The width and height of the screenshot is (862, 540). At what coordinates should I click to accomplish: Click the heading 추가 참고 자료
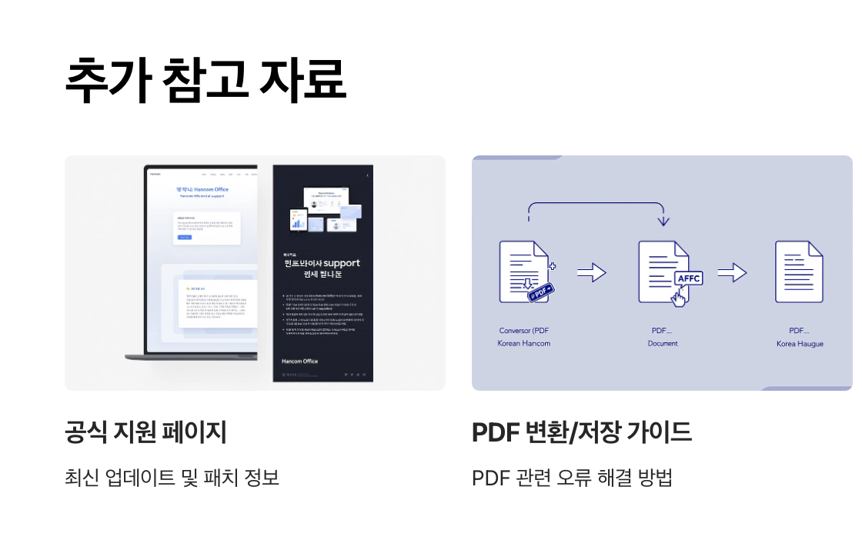pyautogui.click(x=205, y=80)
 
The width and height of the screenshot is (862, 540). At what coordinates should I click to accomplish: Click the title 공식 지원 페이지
pyautogui.click(x=145, y=432)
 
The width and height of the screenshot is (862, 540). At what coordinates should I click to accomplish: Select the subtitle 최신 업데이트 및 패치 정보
pyautogui.click(x=172, y=478)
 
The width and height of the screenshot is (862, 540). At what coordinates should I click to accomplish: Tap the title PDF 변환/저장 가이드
pyautogui.click(x=581, y=432)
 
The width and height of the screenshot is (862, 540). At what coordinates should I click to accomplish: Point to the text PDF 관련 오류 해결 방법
pyautogui.click(x=572, y=478)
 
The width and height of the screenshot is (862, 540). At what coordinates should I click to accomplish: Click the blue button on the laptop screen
pyautogui.click(x=185, y=238)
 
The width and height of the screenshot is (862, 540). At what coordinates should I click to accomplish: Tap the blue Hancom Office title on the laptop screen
pyautogui.click(x=202, y=189)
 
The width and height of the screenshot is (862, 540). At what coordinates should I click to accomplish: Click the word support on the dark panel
pyautogui.click(x=342, y=263)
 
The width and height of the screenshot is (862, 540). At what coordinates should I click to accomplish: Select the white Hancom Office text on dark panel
pyautogui.click(x=299, y=361)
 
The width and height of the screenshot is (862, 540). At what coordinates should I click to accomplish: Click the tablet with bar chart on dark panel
pyautogui.click(x=298, y=222)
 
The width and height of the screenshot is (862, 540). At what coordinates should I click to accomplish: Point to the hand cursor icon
pyautogui.click(x=678, y=296)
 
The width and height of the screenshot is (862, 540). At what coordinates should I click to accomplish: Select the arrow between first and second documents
pyautogui.click(x=591, y=272)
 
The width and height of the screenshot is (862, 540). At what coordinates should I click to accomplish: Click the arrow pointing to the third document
pyautogui.click(x=732, y=272)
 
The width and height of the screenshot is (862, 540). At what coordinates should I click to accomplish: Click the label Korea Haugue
pyautogui.click(x=800, y=344)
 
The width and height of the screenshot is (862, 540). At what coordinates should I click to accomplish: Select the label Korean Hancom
pyautogui.click(x=523, y=343)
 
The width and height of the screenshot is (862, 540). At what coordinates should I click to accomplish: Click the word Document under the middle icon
pyautogui.click(x=662, y=343)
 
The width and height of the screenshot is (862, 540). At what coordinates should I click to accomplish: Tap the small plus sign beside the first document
pyautogui.click(x=553, y=265)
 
